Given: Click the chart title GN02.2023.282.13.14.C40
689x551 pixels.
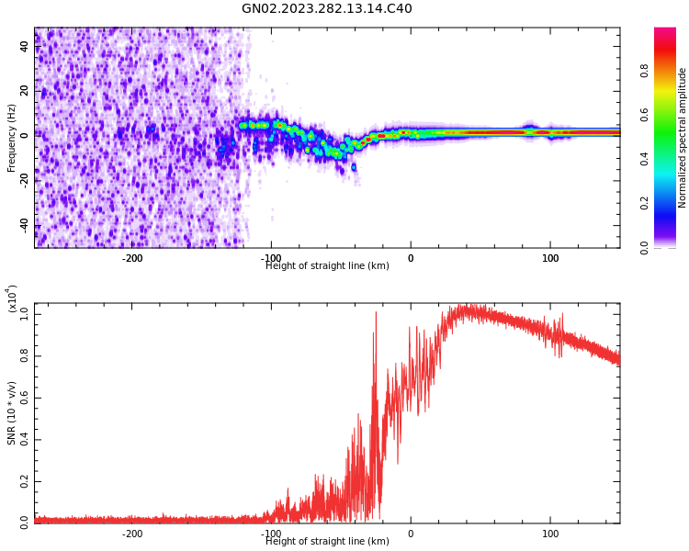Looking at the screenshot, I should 327,9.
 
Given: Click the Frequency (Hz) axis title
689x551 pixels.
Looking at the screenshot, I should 12,138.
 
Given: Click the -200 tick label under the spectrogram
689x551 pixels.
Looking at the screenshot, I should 132,258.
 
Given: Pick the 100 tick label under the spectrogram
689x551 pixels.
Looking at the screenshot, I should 550,258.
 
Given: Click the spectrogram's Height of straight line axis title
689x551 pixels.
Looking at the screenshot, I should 327,266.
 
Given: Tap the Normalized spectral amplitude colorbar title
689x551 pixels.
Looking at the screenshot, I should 683,138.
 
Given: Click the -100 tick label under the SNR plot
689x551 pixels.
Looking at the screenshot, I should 271,534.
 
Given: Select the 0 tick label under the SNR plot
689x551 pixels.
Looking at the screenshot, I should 411,534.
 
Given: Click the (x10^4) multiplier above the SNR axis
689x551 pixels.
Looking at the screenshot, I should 13,298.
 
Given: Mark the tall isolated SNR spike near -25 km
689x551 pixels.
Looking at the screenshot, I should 375,314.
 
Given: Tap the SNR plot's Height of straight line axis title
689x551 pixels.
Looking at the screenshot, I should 327,542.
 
